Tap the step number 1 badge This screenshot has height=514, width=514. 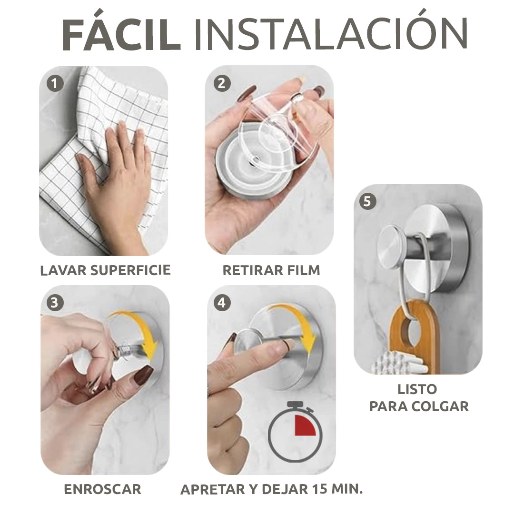[55, 84]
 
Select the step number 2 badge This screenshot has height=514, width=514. [221, 84]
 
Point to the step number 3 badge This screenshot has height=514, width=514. [55, 303]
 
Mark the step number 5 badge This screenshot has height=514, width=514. [367, 202]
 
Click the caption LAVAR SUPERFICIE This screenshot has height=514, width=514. [105, 270]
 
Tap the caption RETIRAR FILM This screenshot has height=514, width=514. [271, 270]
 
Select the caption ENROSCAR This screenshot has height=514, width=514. [102, 489]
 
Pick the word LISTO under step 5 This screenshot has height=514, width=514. [417, 389]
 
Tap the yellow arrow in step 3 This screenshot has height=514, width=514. [143, 333]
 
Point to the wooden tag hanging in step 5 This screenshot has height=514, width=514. [411, 328]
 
